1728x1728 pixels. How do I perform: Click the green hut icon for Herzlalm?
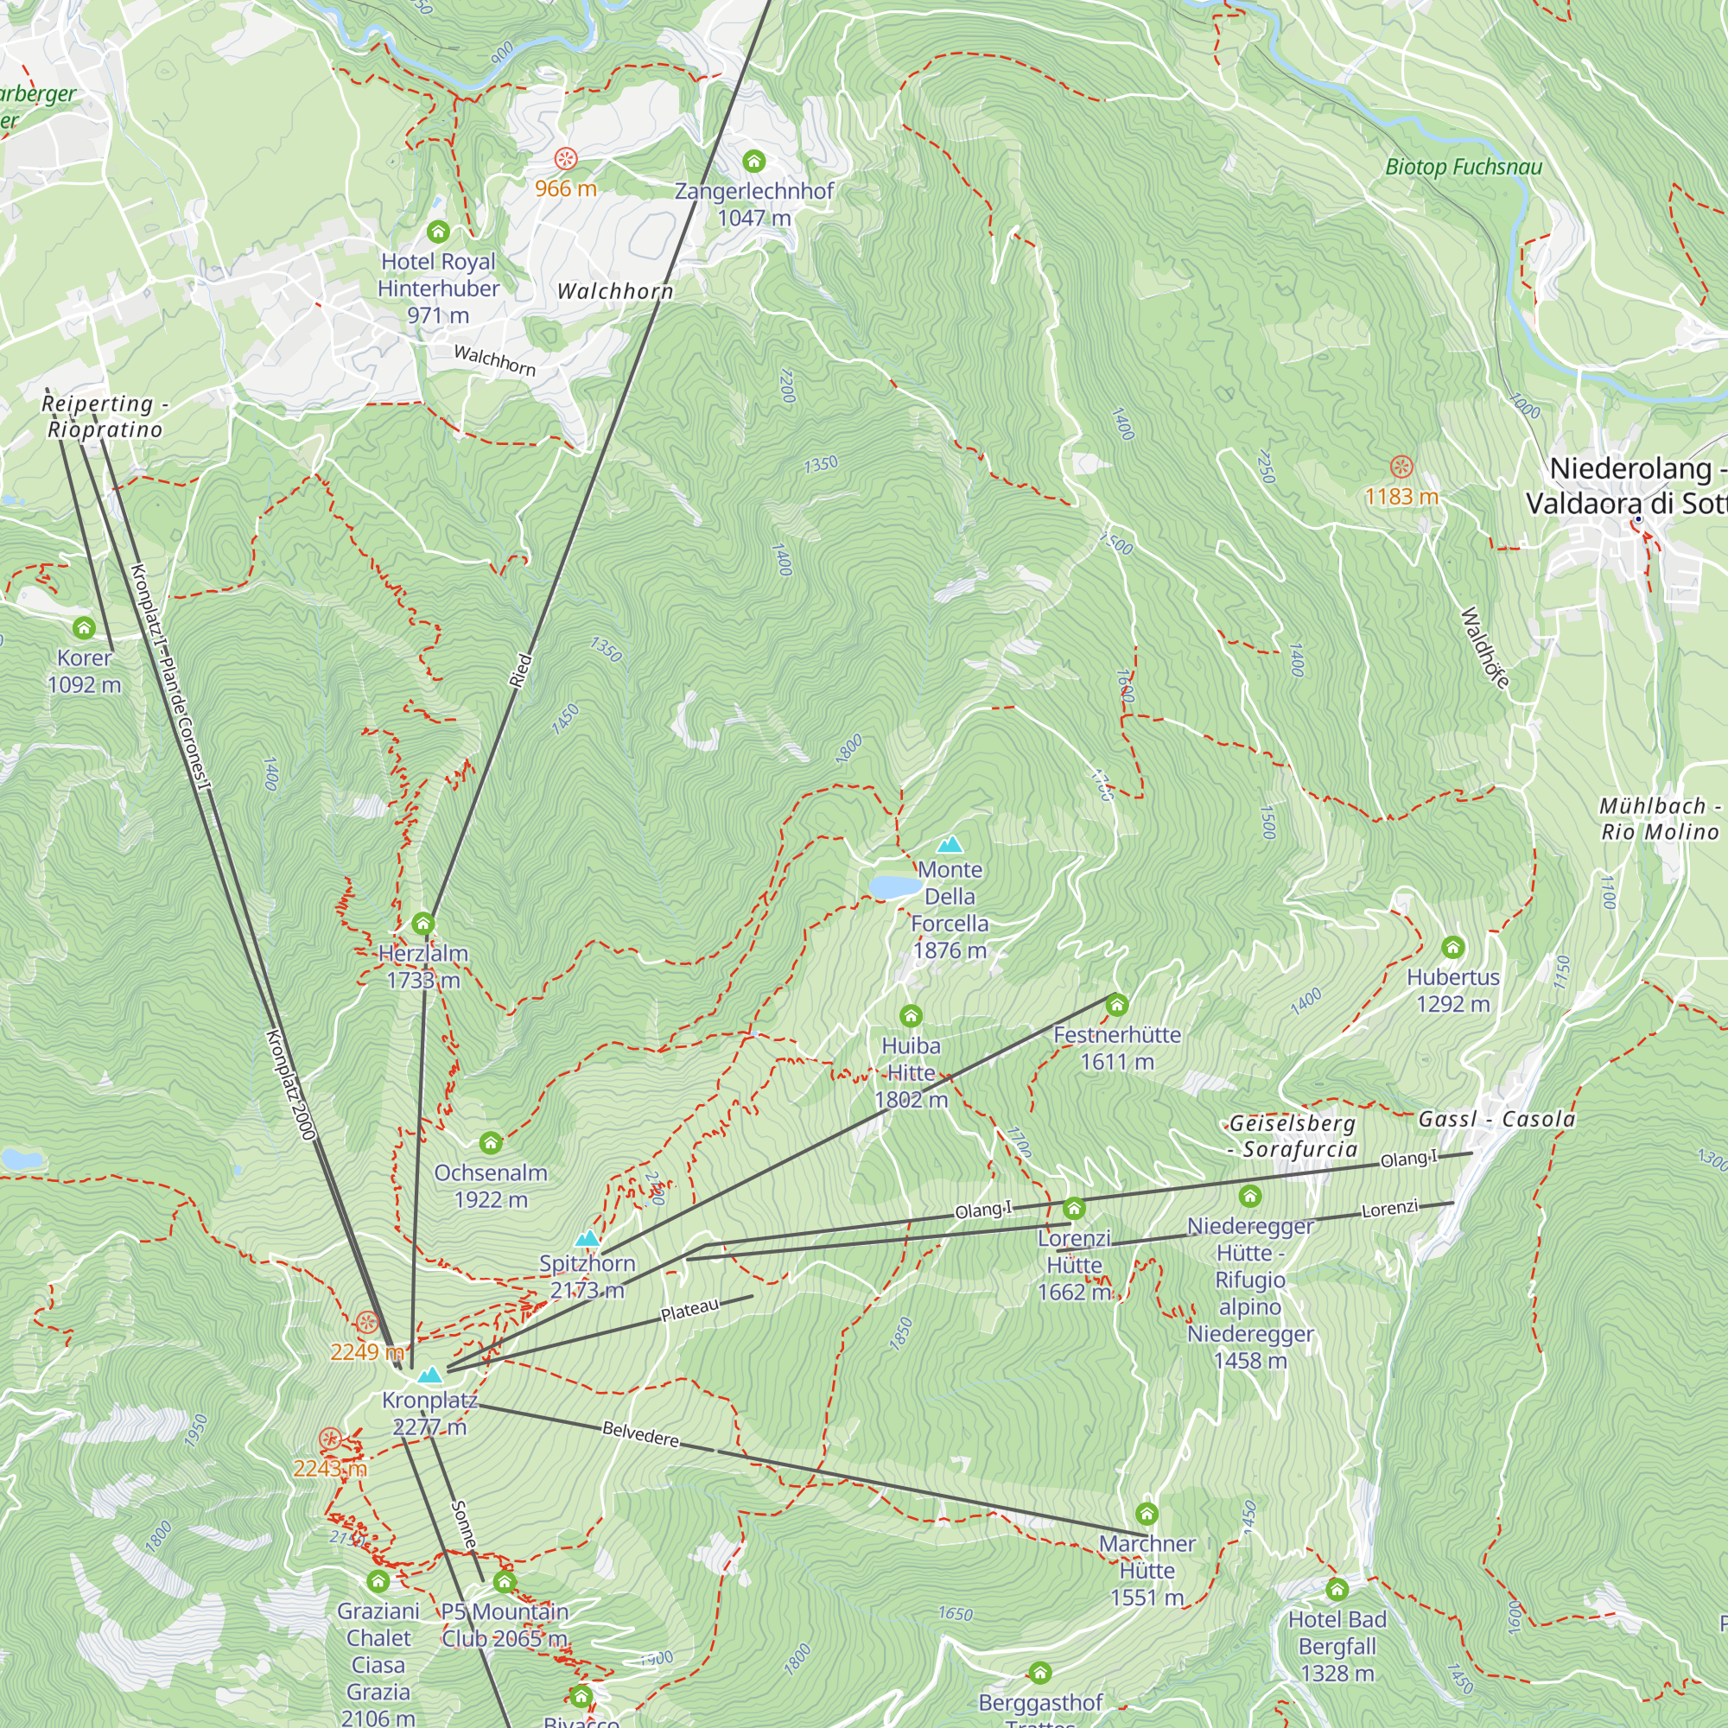click(x=423, y=924)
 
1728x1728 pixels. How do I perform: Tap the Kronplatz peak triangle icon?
click(x=430, y=1375)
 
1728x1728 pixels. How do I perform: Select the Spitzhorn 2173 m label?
click(x=587, y=1276)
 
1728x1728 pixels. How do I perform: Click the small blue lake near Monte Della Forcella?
click(x=894, y=886)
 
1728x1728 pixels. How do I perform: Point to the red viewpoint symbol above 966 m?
click(x=565, y=159)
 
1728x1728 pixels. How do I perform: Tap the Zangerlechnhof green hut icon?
click(x=754, y=162)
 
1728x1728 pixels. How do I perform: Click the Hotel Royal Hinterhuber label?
click(x=437, y=288)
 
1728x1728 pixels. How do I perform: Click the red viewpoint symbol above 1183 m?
click(x=1401, y=467)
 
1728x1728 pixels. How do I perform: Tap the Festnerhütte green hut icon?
click(x=1116, y=1006)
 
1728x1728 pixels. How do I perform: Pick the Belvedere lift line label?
click(x=640, y=1433)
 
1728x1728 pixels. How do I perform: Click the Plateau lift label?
click(x=689, y=1311)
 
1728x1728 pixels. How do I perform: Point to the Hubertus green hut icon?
click(x=1452, y=947)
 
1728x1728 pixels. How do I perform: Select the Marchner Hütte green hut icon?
click(x=1147, y=1515)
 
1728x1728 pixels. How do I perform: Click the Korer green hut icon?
click(x=84, y=628)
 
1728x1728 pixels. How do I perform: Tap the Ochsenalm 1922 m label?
click(x=490, y=1185)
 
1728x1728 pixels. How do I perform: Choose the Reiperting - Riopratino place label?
click(x=105, y=416)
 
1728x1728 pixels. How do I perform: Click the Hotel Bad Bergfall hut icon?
click(x=1337, y=1590)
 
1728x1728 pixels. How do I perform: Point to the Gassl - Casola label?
click(x=1496, y=1119)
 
